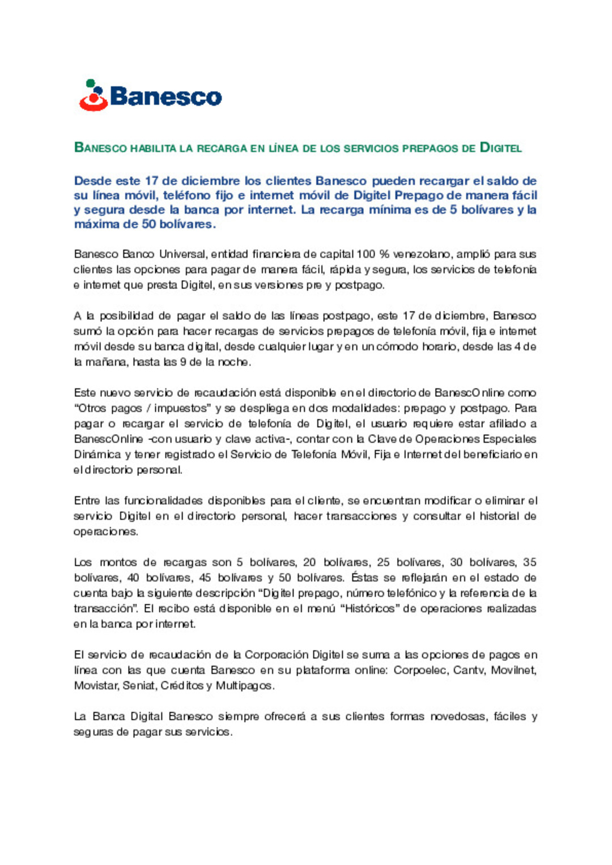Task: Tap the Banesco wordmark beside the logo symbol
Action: [x=165, y=96]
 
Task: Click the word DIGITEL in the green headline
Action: [x=501, y=148]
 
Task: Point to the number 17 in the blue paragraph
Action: [x=151, y=181]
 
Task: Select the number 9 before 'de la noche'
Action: [x=182, y=362]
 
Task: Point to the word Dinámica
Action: [x=97, y=455]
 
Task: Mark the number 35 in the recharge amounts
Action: [x=529, y=562]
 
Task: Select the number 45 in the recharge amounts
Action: [x=205, y=578]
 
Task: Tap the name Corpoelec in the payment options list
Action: [x=419, y=670]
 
